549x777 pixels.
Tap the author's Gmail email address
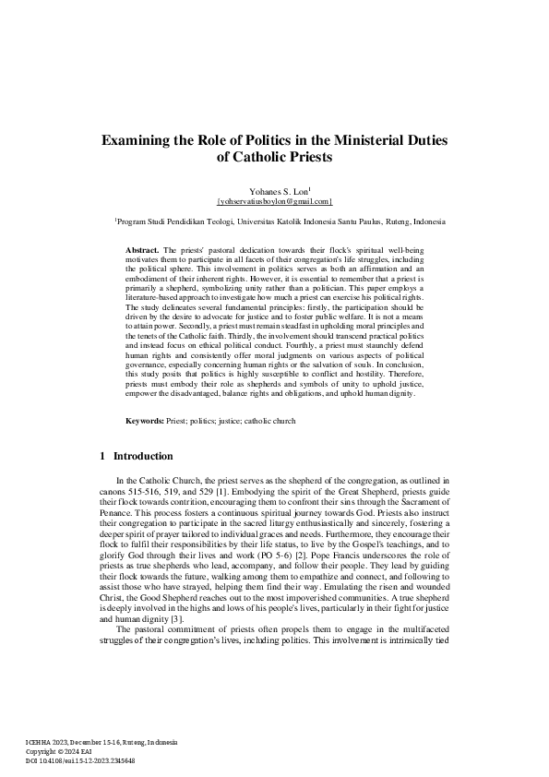point(274,199)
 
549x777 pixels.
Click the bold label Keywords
point(146,421)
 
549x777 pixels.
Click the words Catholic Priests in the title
point(274,158)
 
